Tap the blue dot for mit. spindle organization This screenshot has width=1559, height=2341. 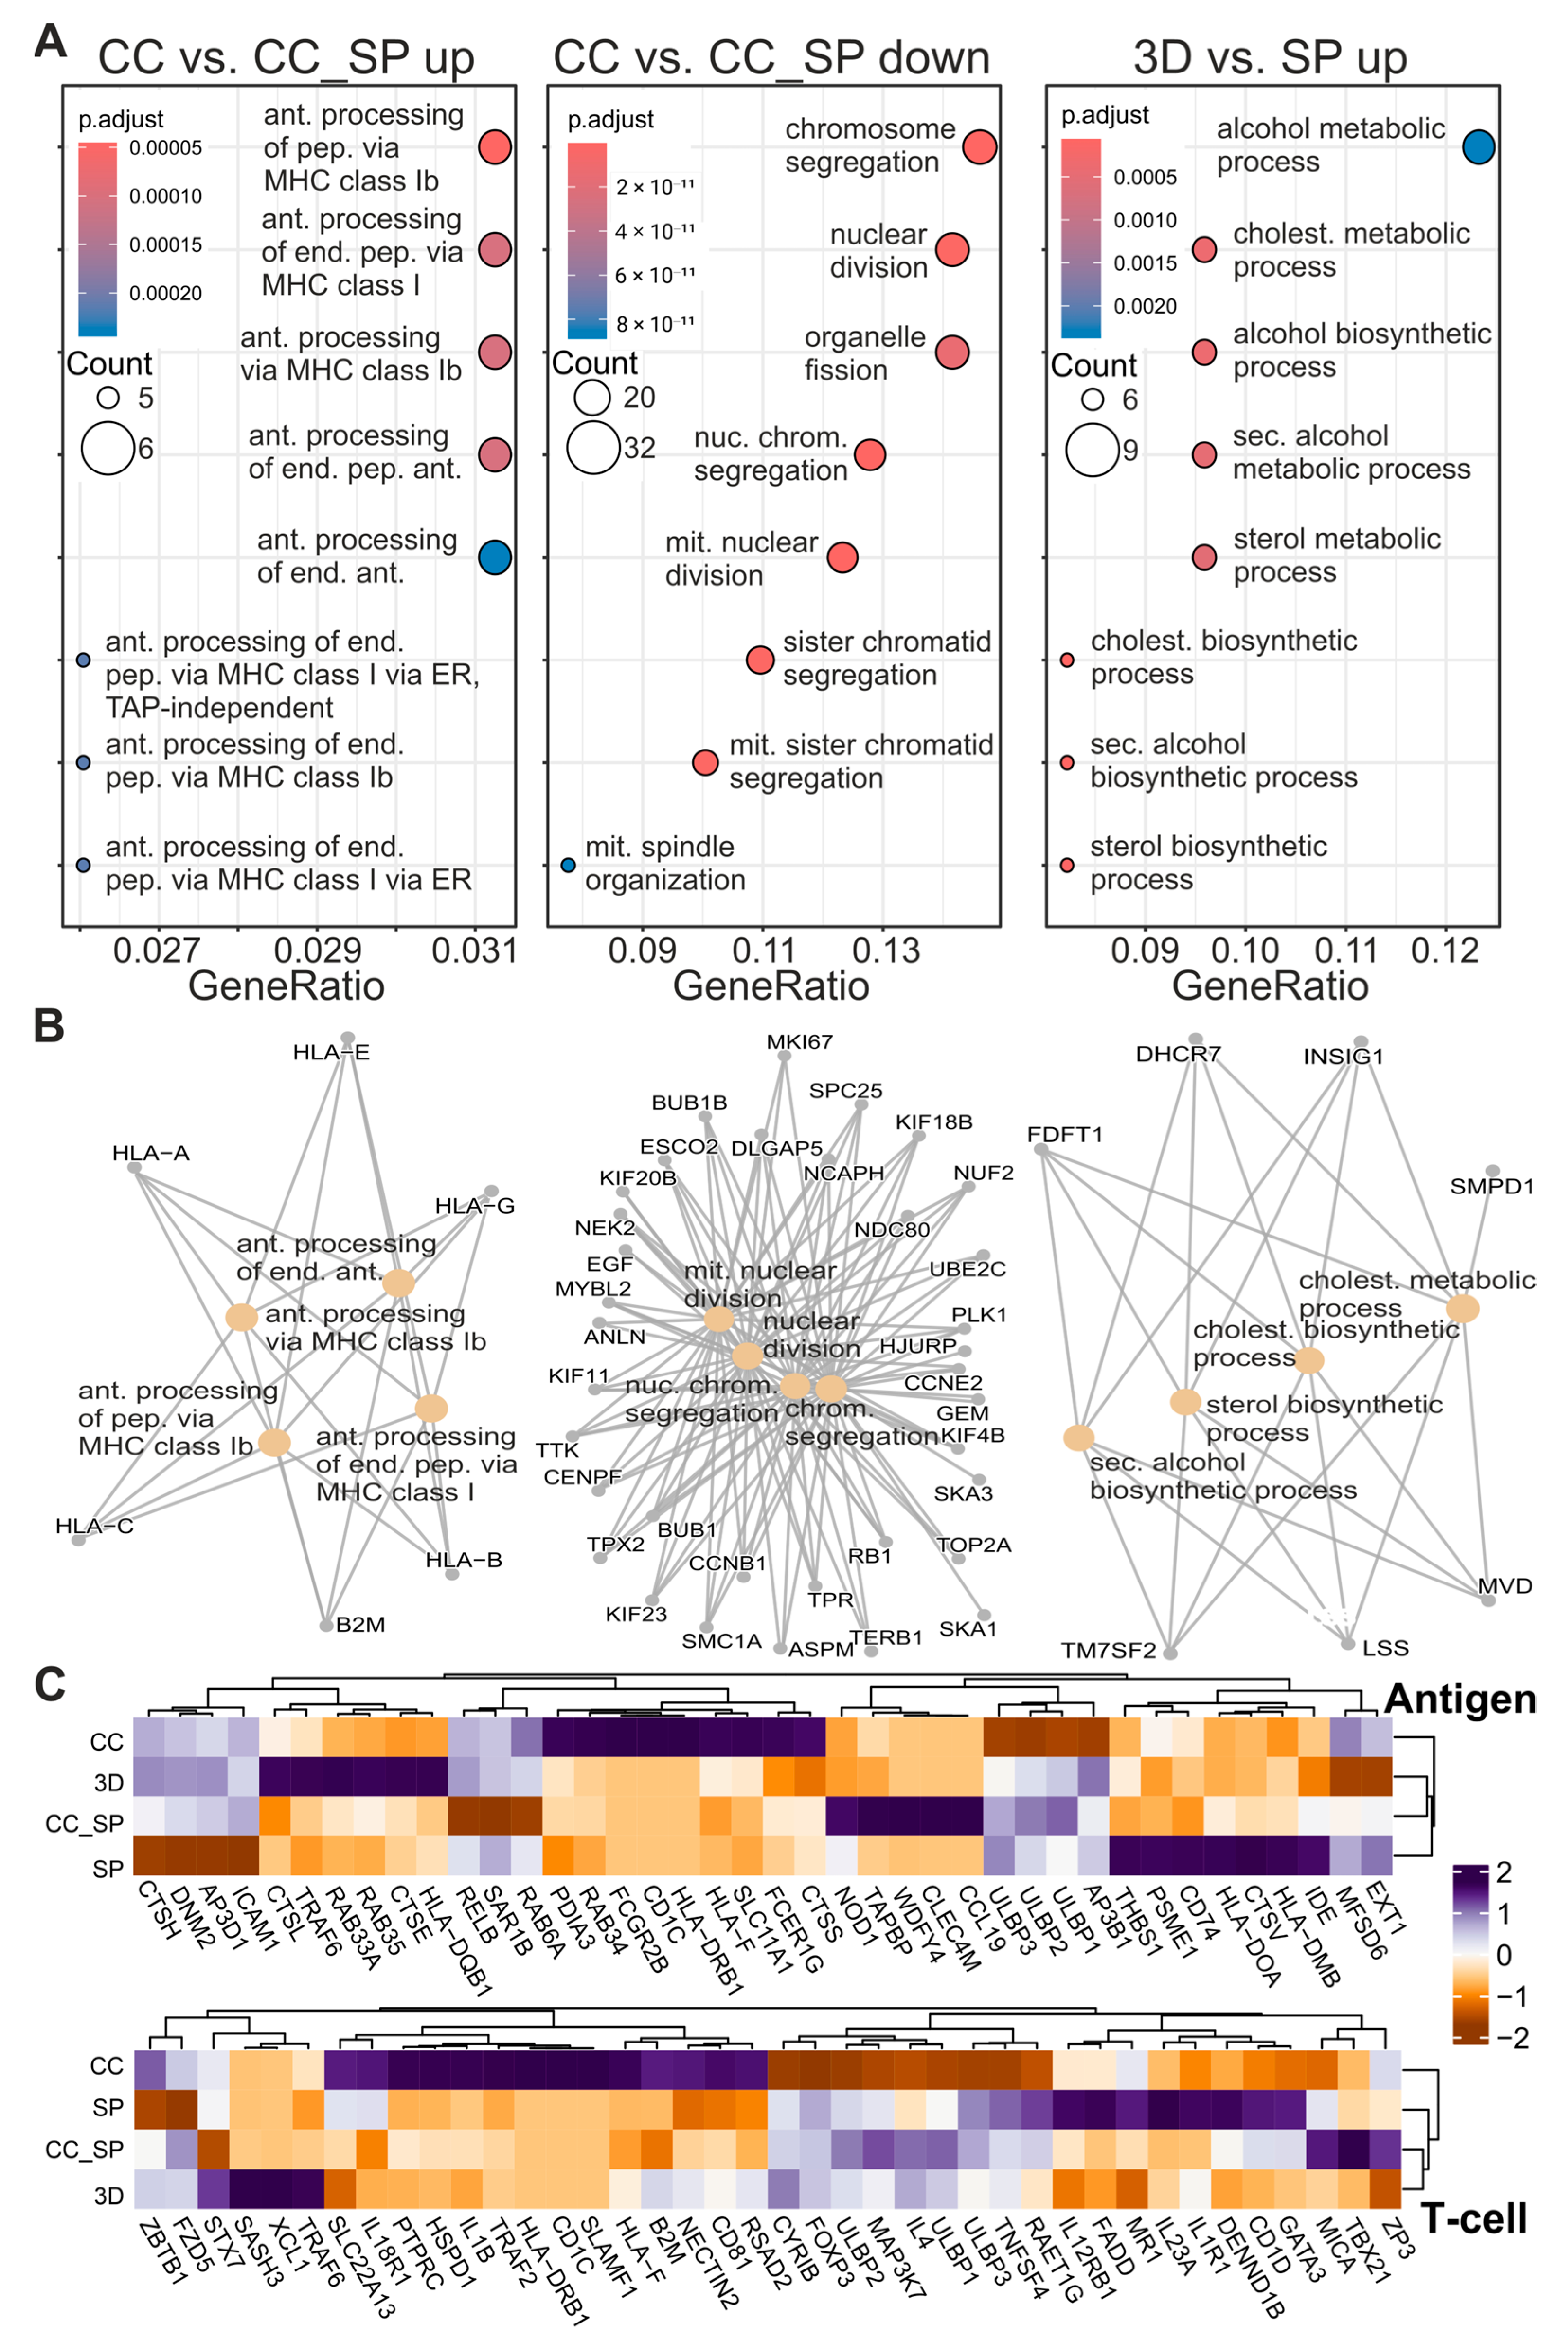click(568, 865)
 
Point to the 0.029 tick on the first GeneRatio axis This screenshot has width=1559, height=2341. click(317, 951)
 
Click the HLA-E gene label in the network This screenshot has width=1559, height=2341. click(331, 1052)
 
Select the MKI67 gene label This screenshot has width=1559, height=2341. click(799, 1042)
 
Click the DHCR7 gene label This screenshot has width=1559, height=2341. click(1178, 1054)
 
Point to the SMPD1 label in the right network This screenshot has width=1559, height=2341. click(1491, 1186)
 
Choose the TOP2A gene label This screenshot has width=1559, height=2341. click(973, 1545)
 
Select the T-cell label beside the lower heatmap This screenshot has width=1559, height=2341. click(1473, 2219)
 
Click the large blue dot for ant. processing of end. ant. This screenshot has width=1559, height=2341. click(494, 557)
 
